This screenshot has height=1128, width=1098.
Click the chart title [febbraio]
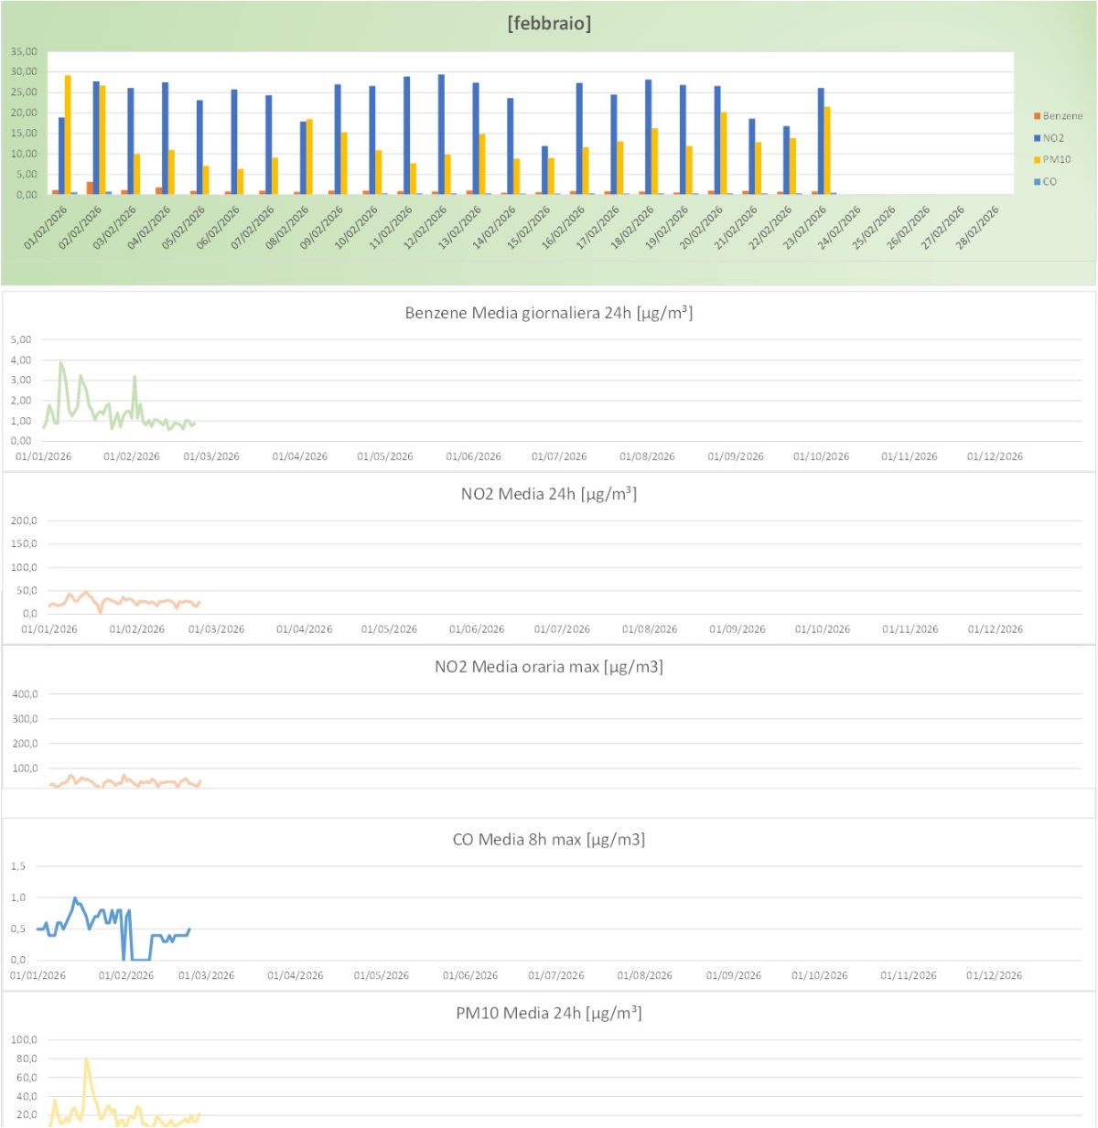549,24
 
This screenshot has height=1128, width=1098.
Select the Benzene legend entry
1061,116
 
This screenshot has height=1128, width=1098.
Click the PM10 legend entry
1056,159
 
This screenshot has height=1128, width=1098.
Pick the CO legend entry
1049,181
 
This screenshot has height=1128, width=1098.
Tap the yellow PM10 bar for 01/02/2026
68,135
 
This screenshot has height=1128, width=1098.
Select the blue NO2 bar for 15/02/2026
544,170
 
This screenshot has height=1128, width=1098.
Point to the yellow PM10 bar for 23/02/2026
827,151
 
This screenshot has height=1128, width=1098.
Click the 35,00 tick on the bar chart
24,51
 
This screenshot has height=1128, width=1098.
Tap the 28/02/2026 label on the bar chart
978,228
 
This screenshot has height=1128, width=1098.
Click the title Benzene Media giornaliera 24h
548,313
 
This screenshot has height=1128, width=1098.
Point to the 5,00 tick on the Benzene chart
21,339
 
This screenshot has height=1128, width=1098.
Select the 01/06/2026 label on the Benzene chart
473,457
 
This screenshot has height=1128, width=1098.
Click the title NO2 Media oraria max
548,667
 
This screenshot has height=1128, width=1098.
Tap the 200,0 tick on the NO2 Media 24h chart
24,521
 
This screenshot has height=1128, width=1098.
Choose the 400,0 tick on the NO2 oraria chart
25,694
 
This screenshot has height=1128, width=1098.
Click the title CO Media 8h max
548,840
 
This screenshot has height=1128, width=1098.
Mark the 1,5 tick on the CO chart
18,866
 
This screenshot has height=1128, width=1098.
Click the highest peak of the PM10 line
86,1059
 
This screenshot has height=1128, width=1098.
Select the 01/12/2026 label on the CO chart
994,975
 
